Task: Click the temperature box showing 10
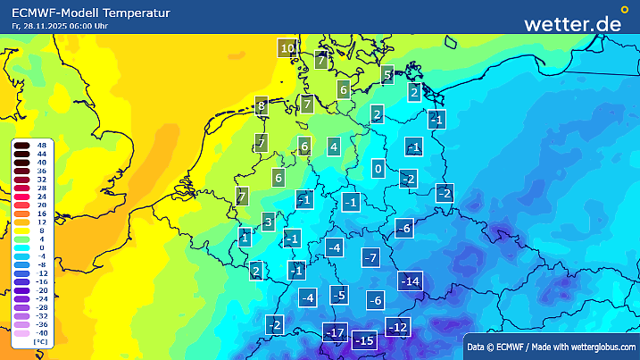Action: [287, 48]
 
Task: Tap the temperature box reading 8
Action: [262, 106]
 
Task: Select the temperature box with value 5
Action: [387, 75]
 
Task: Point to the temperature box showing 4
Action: [334, 147]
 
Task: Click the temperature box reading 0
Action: [378, 168]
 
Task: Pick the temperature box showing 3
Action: [268, 222]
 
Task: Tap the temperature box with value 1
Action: [245, 238]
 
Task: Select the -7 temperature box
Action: [372, 258]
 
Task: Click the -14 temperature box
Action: [411, 281]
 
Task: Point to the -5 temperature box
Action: [338, 295]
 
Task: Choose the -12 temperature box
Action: [397, 327]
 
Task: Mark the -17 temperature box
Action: [334, 334]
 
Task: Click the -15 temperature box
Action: [364, 340]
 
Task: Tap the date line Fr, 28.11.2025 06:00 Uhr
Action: [61, 27]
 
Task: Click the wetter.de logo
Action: [572, 23]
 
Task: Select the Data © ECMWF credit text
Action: [551, 346]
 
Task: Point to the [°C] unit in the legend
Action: [41, 341]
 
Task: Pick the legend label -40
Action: [41, 332]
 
